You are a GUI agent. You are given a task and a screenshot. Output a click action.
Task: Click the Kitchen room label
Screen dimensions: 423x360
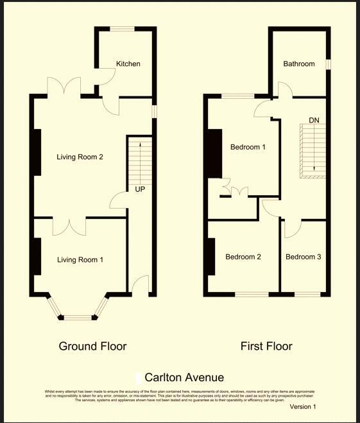pos(128,64)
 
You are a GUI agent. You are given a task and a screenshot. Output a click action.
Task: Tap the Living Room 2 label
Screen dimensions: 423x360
pos(80,157)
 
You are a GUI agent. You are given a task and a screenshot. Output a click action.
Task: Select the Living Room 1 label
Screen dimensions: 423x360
pos(80,259)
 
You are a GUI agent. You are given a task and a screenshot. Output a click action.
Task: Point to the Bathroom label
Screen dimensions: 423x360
pos(299,64)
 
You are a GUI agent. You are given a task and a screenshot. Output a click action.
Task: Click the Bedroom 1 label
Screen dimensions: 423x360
pos(248,147)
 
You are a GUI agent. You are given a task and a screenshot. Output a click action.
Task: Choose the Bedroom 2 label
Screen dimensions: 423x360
pos(243,257)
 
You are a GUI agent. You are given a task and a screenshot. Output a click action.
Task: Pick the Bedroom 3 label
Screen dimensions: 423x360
pos(304,257)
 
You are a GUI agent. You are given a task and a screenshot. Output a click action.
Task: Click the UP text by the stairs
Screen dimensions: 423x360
pos(139,189)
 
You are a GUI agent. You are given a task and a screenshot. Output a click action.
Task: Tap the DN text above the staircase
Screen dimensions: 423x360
pos(314,120)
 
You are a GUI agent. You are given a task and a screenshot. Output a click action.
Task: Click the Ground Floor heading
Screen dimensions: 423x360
pos(92,346)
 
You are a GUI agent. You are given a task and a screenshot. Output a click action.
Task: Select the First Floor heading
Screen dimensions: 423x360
pos(266,346)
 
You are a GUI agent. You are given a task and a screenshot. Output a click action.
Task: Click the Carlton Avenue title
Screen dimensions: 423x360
pos(184,377)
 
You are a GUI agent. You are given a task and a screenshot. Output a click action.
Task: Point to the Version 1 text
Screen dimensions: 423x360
pos(303,406)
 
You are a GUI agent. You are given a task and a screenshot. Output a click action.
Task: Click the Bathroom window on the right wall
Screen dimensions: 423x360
pos(328,65)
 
